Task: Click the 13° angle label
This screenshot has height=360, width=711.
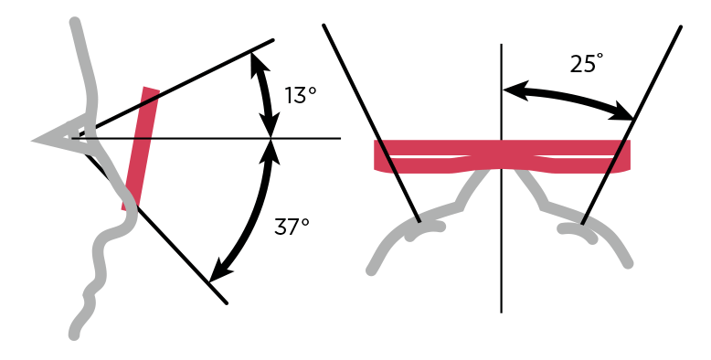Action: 301,95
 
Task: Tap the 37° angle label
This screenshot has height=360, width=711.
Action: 292,228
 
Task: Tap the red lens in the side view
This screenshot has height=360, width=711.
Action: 141,146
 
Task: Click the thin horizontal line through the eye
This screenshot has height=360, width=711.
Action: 311,138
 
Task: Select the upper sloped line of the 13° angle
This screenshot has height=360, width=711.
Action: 183,85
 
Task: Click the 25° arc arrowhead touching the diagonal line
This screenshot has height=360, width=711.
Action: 625,114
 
